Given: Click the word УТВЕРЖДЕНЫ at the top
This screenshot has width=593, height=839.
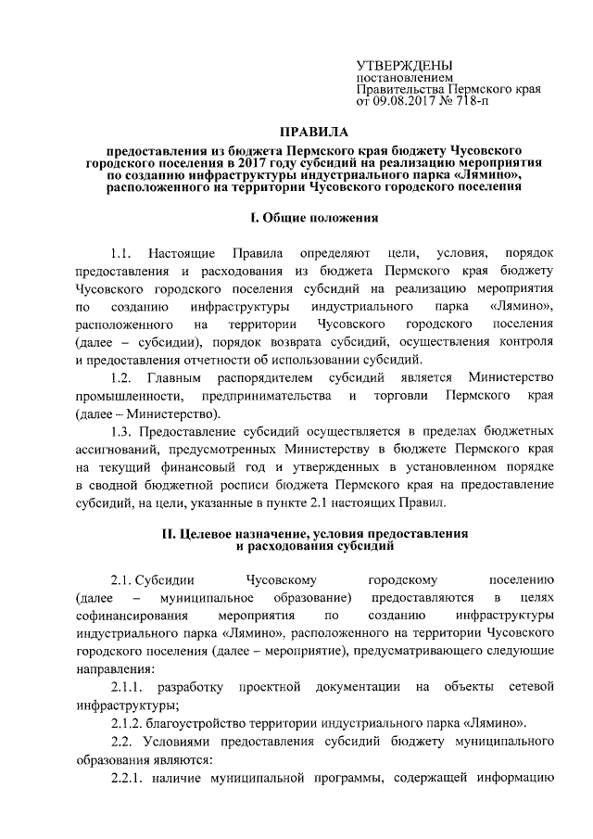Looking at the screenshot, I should coord(405,65).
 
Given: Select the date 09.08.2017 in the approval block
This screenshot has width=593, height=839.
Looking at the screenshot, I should coord(405,101).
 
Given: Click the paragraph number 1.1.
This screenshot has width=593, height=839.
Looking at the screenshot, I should coord(121,253).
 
